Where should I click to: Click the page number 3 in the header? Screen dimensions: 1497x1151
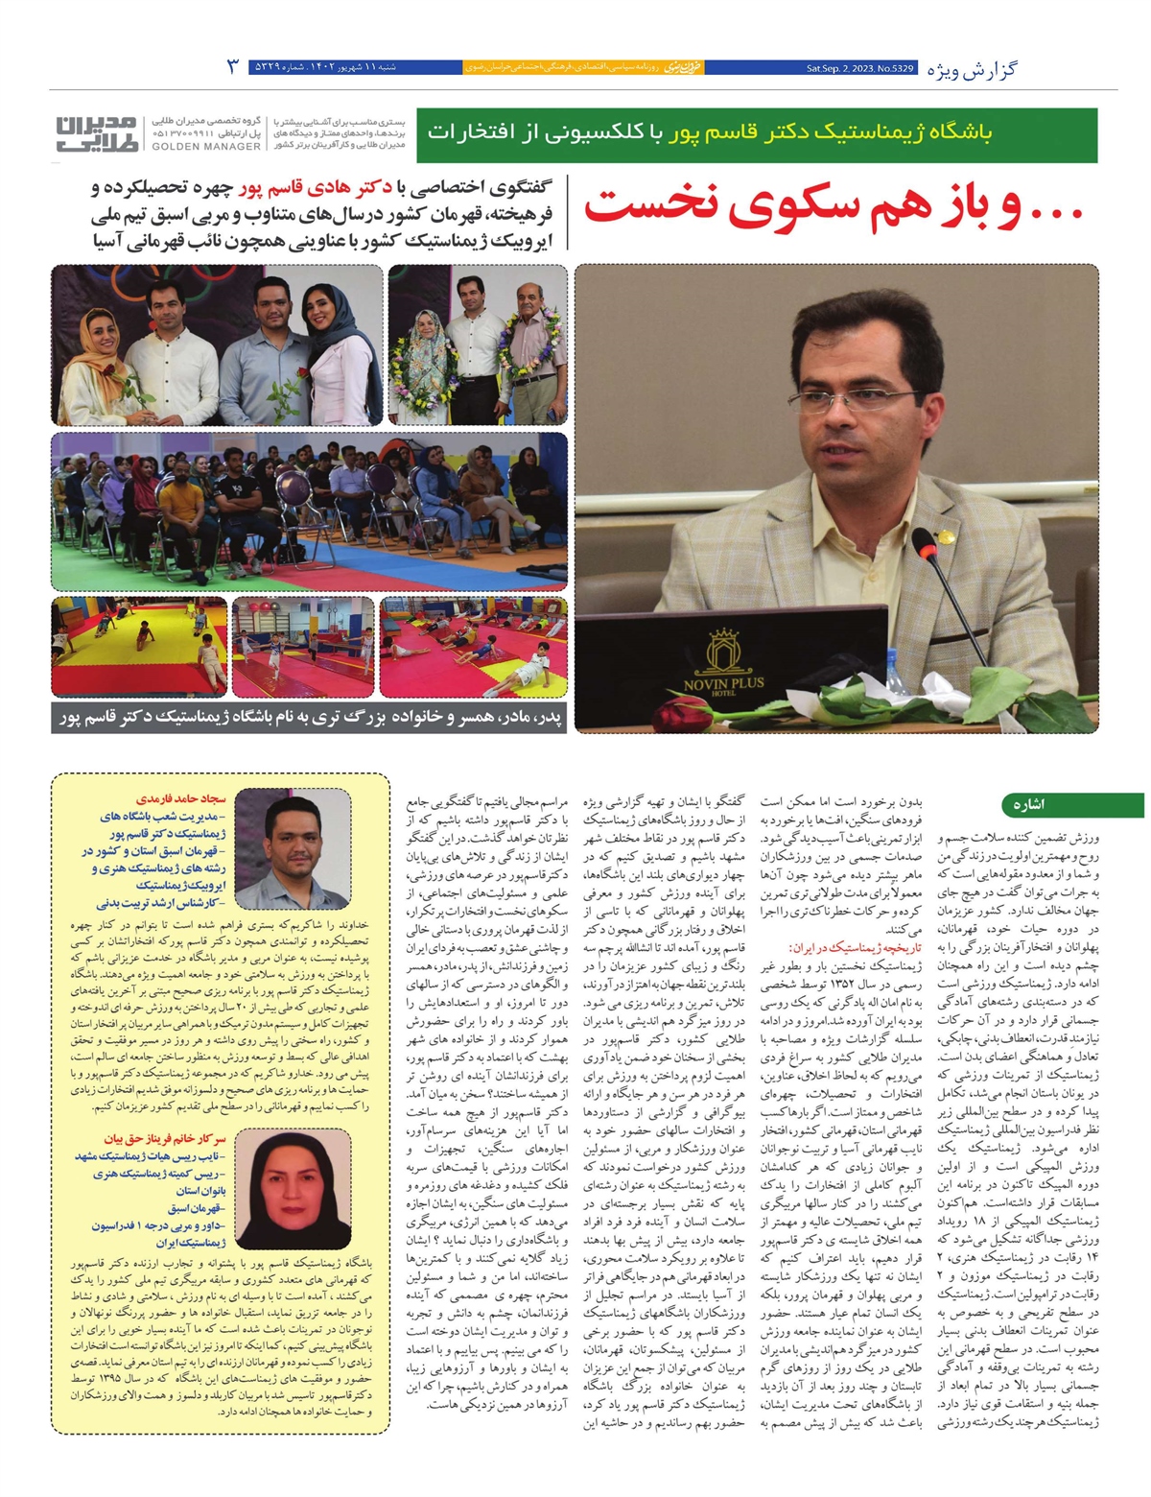[x=232, y=67]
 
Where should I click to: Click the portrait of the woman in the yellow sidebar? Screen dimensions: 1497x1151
[x=279, y=1186]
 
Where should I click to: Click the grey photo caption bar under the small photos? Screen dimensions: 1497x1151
[x=309, y=716]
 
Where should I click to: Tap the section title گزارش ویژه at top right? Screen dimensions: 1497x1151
[x=973, y=68]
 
